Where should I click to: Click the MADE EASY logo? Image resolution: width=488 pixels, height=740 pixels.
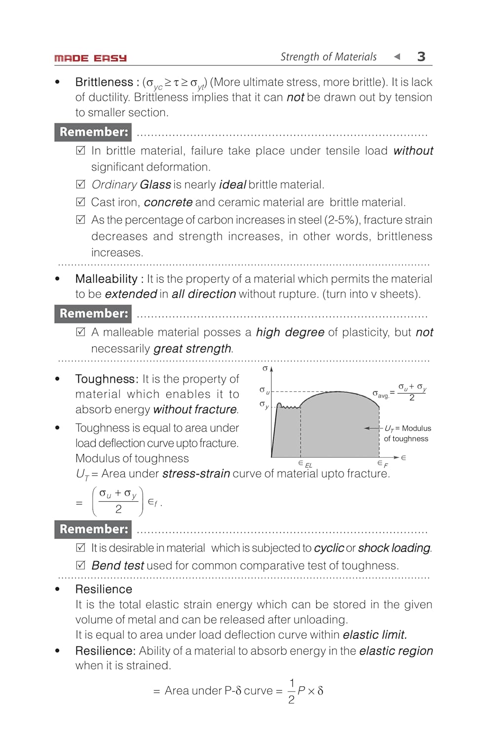point(90,58)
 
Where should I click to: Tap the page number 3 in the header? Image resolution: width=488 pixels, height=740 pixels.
point(421,57)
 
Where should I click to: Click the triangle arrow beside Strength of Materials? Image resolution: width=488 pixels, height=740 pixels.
point(397,57)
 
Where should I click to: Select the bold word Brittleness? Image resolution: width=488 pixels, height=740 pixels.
point(104,82)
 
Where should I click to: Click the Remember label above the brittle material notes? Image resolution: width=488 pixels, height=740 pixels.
point(93,132)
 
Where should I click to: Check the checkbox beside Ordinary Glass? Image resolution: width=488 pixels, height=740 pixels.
point(81,185)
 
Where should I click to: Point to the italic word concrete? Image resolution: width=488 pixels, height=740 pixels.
point(168,202)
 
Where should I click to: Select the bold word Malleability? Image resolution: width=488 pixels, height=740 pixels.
point(106,279)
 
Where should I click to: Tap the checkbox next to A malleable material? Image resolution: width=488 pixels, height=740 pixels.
point(81,332)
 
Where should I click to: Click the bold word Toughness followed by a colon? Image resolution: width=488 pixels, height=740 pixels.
point(107,379)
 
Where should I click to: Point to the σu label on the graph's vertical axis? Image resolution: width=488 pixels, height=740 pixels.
point(264,391)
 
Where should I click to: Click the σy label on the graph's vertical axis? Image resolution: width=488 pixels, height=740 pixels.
point(264,405)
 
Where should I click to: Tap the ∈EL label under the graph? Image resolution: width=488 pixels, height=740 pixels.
point(305,464)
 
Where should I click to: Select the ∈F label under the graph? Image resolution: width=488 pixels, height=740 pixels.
point(382,464)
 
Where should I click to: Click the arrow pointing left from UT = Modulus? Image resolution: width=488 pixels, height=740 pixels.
point(373,428)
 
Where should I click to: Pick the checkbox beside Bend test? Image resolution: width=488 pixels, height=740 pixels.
point(81,565)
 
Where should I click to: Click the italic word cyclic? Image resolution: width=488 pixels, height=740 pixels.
point(329,548)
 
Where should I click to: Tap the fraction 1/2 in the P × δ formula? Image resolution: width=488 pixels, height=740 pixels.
point(292,691)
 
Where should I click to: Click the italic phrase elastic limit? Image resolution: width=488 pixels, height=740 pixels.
point(375,635)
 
